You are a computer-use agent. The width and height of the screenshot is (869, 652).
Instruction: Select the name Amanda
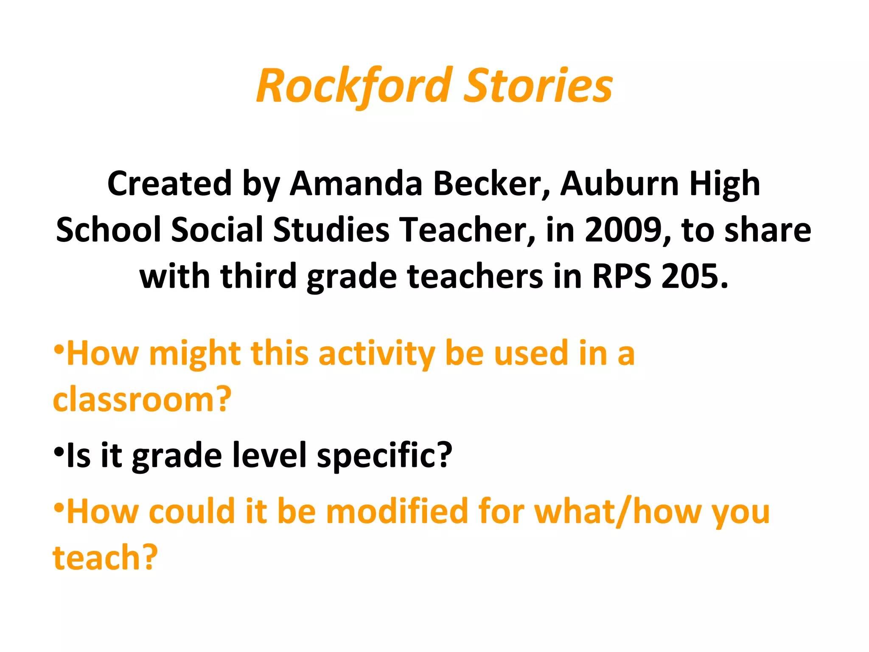356,184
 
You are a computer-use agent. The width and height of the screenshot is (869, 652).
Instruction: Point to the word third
258,276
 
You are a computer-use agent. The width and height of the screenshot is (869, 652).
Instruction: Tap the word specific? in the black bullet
384,455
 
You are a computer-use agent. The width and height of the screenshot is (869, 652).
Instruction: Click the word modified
397,511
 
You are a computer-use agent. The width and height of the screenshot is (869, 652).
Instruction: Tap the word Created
169,184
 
